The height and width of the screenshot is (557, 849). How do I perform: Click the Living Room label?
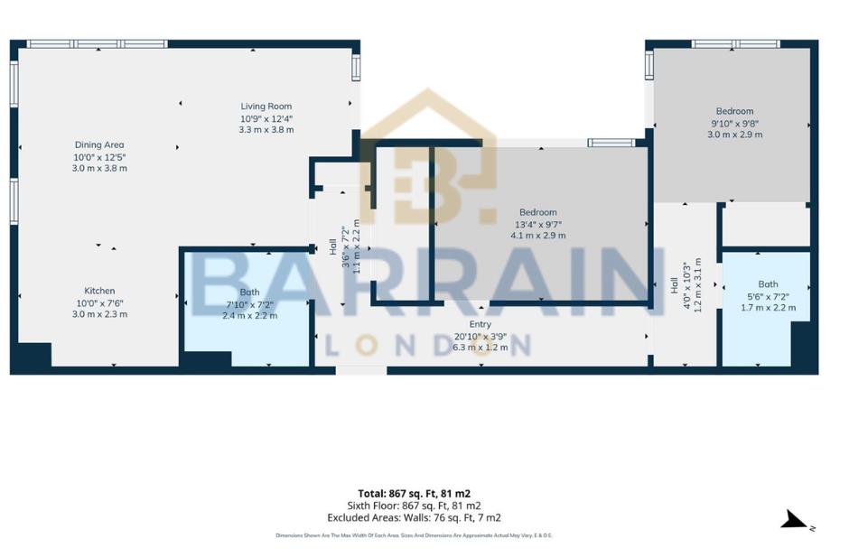point(266,107)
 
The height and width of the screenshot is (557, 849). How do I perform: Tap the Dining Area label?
point(99,144)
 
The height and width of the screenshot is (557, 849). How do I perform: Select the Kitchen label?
point(99,291)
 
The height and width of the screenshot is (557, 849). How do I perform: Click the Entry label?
point(480,324)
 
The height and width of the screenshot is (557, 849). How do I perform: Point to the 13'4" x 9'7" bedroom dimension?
point(537,224)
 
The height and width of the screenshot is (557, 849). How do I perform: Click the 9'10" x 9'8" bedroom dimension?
point(734,123)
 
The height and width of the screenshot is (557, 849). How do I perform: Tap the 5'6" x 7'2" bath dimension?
point(768,295)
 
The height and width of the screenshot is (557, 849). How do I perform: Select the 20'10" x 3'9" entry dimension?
point(480,336)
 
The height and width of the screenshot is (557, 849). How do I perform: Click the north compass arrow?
point(794,520)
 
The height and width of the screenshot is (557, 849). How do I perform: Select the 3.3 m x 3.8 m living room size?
point(266,130)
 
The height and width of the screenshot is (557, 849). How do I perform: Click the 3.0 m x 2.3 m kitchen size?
point(99,314)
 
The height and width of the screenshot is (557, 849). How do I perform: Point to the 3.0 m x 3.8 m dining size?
point(99,168)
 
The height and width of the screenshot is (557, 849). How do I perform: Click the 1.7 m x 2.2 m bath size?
point(768,307)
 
